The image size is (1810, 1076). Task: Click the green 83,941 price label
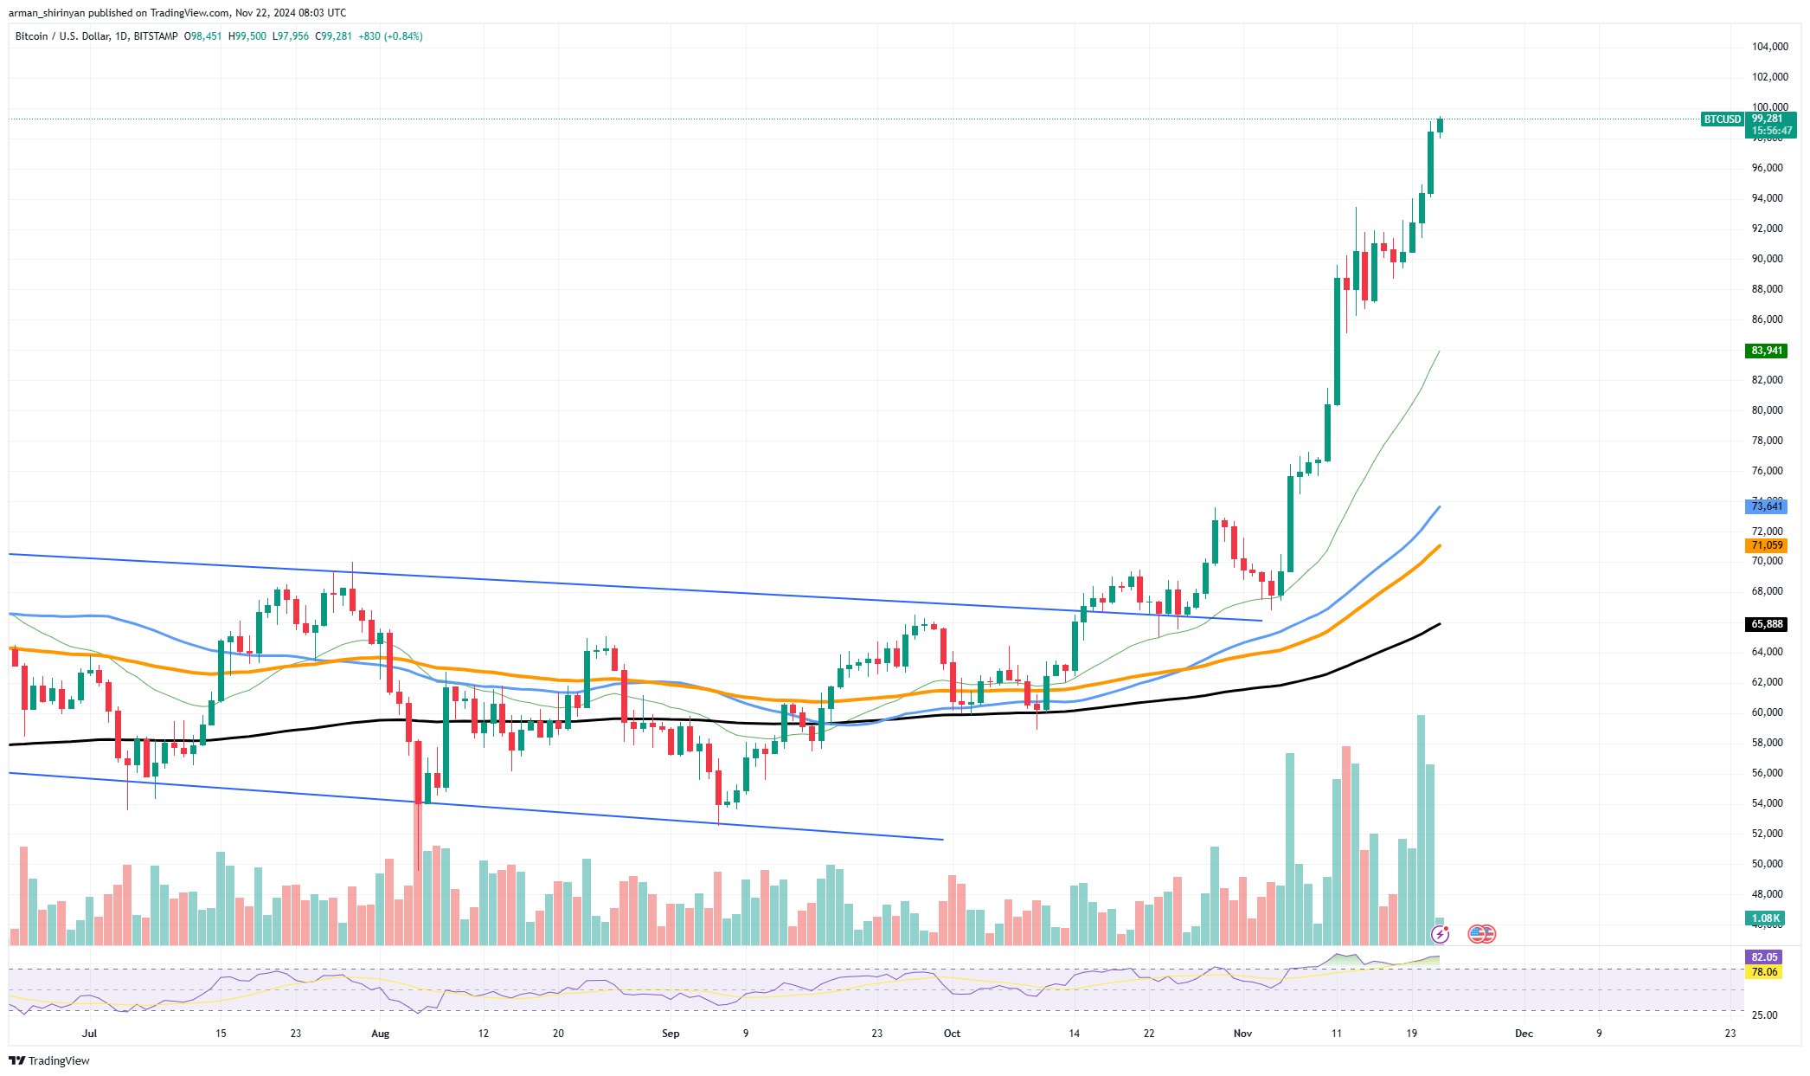coord(1766,351)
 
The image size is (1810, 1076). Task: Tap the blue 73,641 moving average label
coord(1766,506)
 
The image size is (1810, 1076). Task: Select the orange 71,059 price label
coord(1766,545)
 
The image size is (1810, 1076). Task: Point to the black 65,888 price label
coord(1766,624)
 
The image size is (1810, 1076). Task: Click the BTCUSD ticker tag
coord(1722,119)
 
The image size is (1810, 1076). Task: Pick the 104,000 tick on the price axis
coord(1769,47)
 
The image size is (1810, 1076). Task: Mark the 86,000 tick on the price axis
coord(1767,319)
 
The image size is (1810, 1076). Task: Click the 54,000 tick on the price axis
coord(1767,803)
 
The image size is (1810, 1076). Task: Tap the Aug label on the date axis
coord(380,1034)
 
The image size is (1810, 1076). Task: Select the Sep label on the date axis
coord(671,1034)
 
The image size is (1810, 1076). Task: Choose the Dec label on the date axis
coord(1524,1034)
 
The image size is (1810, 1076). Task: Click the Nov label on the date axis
coord(1242,1034)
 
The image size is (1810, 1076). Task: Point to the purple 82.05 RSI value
coord(1764,957)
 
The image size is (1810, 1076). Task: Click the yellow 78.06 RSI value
coord(1764,972)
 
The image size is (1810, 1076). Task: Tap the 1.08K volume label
coord(1765,918)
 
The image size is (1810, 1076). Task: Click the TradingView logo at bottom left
coord(49,1060)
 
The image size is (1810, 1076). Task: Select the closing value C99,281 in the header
coord(333,36)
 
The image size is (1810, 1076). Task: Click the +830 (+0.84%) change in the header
coord(391,36)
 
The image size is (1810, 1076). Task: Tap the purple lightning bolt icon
coord(1440,934)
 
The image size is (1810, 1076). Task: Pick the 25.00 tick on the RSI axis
coord(1765,1015)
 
